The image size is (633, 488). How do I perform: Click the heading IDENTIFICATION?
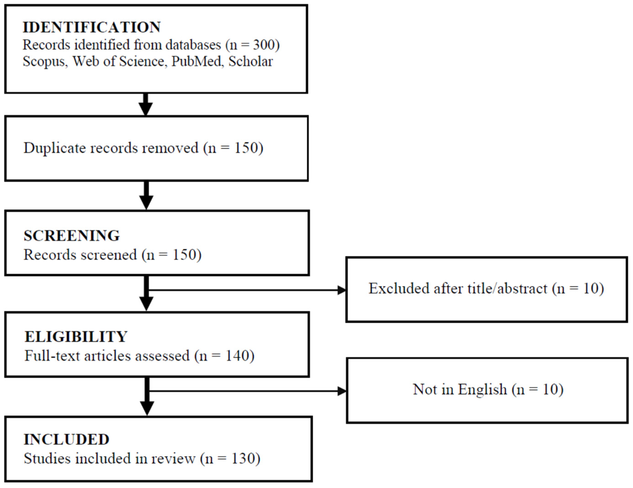91,27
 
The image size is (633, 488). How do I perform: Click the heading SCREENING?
72,235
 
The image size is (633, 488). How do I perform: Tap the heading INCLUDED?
66,439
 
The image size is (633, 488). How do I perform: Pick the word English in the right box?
483,390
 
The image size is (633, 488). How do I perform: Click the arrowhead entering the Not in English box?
342,391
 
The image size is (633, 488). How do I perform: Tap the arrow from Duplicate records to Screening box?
146,195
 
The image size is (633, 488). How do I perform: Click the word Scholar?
251,61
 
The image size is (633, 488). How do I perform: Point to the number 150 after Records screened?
184,255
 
